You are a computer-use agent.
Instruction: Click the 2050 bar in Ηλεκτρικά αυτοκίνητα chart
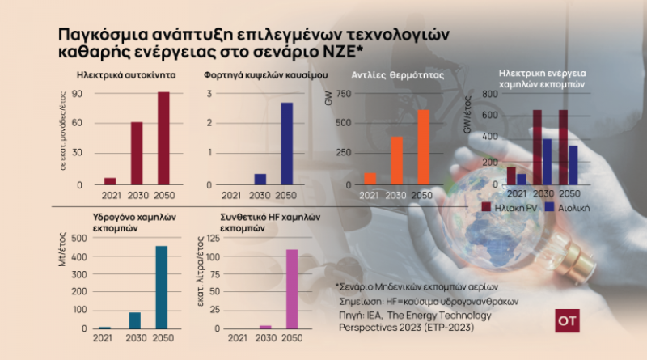click(163, 138)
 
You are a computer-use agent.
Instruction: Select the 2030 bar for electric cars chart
click(137, 154)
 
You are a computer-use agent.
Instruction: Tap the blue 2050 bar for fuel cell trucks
click(286, 144)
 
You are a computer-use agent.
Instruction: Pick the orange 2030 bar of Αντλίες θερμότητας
click(396, 160)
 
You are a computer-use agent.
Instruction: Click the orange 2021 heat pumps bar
click(370, 179)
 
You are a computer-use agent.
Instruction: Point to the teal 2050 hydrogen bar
click(162, 287)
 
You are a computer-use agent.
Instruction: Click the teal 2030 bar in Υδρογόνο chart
click(134, 320)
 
